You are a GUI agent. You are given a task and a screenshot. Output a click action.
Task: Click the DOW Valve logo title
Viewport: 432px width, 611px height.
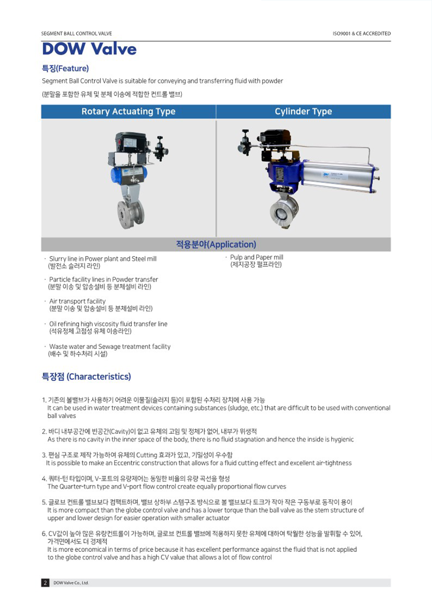[x=89, y=49]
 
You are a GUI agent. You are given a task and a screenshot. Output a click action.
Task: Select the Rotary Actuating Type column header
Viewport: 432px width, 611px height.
[x=128, y=111]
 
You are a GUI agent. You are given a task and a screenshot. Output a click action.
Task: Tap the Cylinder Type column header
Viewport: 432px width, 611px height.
[x=303, y=111]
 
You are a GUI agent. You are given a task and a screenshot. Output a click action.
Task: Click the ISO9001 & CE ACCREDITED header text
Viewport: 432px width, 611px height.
[x=362, y=33]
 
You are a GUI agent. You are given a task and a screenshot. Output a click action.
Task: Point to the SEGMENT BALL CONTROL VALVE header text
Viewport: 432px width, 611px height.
[x=76, y=33]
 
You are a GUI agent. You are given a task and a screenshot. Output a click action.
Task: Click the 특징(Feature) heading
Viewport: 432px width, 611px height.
[x=65, y=69]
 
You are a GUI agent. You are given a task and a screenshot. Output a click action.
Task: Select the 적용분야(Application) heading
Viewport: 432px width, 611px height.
[x=216, y=245]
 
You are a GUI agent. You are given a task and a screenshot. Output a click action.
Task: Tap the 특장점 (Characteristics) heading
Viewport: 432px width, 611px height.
[x=86, y=377]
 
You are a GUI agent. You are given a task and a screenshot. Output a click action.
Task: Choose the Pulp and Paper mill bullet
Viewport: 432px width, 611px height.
[x=257, y=257]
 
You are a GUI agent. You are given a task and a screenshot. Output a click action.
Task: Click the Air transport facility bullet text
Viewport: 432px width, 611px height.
[x=77, y=301]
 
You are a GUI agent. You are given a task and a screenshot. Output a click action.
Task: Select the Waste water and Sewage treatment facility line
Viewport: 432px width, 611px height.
[x=110, y=347]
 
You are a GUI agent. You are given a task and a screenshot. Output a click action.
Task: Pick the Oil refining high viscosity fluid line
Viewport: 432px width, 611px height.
[x=108, y=324]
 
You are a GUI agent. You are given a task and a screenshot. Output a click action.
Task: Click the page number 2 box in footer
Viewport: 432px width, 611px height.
[x=45, y=583]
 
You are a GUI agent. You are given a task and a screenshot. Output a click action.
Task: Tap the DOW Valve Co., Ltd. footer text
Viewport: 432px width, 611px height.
[x=71, y=583]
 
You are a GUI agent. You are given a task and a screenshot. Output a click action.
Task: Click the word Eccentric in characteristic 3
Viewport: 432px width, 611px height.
[x=127, y=463]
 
